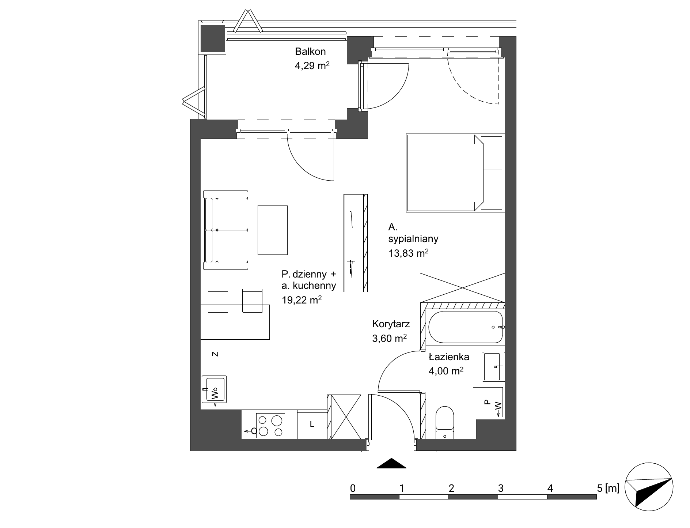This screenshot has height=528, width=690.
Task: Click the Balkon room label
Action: click(310, 52)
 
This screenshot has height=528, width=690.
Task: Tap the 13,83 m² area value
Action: click(408, 253)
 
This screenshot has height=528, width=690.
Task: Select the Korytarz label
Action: click(391, 324)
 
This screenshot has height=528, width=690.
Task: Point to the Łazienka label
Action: click(449, 357)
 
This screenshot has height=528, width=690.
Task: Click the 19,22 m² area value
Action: click(302, 300)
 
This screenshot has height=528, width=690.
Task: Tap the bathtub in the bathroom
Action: click(465, 327)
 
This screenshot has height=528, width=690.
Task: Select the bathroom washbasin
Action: click(493, 366)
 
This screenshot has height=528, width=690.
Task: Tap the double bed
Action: click(455, 173)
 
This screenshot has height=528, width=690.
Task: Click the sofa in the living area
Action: click(225, 230)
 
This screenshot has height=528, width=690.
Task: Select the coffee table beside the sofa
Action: click(273, 230)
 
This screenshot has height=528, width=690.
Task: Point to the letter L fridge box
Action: click(312, 425)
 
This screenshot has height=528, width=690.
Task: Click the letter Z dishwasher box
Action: click(215, 354)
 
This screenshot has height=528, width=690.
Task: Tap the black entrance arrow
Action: click(391, 463)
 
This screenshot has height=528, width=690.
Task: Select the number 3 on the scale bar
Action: click(501, 488)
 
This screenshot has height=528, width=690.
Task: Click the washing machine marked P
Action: click(488, 402)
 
